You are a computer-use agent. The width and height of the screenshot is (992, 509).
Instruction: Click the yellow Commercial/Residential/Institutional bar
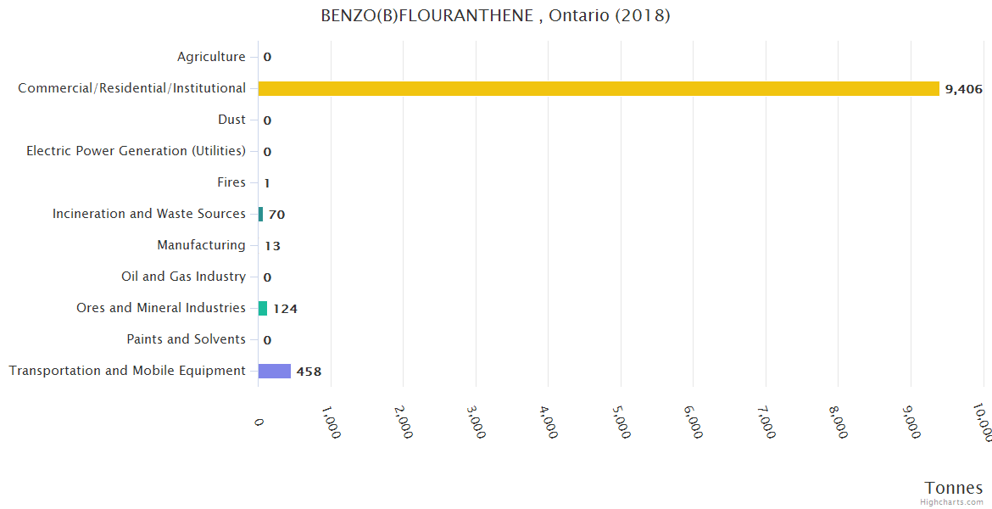point(599,88)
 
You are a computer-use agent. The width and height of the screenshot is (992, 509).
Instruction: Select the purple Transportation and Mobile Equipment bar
point(275,371)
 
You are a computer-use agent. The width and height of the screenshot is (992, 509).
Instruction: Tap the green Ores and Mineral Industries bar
point(263,308)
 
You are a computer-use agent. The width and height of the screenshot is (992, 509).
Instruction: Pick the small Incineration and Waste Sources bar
point(260,214)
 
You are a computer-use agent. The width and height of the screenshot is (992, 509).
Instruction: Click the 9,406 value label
point(962,89)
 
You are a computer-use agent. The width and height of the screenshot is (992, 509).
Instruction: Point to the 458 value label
point(309,372)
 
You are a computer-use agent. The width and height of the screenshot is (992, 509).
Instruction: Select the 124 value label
point(285,309)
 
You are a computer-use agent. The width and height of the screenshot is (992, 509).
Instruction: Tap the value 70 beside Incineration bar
point(276,215)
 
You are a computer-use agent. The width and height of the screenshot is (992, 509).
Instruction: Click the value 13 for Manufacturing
point(272,246)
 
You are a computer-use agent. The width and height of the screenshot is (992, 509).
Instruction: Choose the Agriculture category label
point(211,57)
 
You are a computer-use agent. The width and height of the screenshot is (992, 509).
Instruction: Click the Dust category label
point(231,120)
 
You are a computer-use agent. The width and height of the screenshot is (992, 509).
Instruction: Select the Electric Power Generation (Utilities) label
point(136,151)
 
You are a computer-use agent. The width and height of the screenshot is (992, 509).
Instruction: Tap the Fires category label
point(231,182)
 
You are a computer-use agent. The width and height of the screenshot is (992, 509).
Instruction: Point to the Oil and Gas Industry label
point(183,277)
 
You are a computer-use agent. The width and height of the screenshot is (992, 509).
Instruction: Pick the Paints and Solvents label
point(186,339)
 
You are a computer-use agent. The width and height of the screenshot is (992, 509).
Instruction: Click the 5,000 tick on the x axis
point(621,422)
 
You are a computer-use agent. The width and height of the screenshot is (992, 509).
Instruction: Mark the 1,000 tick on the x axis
point(331,422)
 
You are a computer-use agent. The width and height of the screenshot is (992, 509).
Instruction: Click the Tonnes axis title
point(953,488)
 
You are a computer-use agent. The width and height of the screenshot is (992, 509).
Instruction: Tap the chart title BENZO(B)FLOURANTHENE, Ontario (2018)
point(495,16)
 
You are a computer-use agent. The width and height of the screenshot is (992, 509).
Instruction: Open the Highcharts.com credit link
point(951,502)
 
